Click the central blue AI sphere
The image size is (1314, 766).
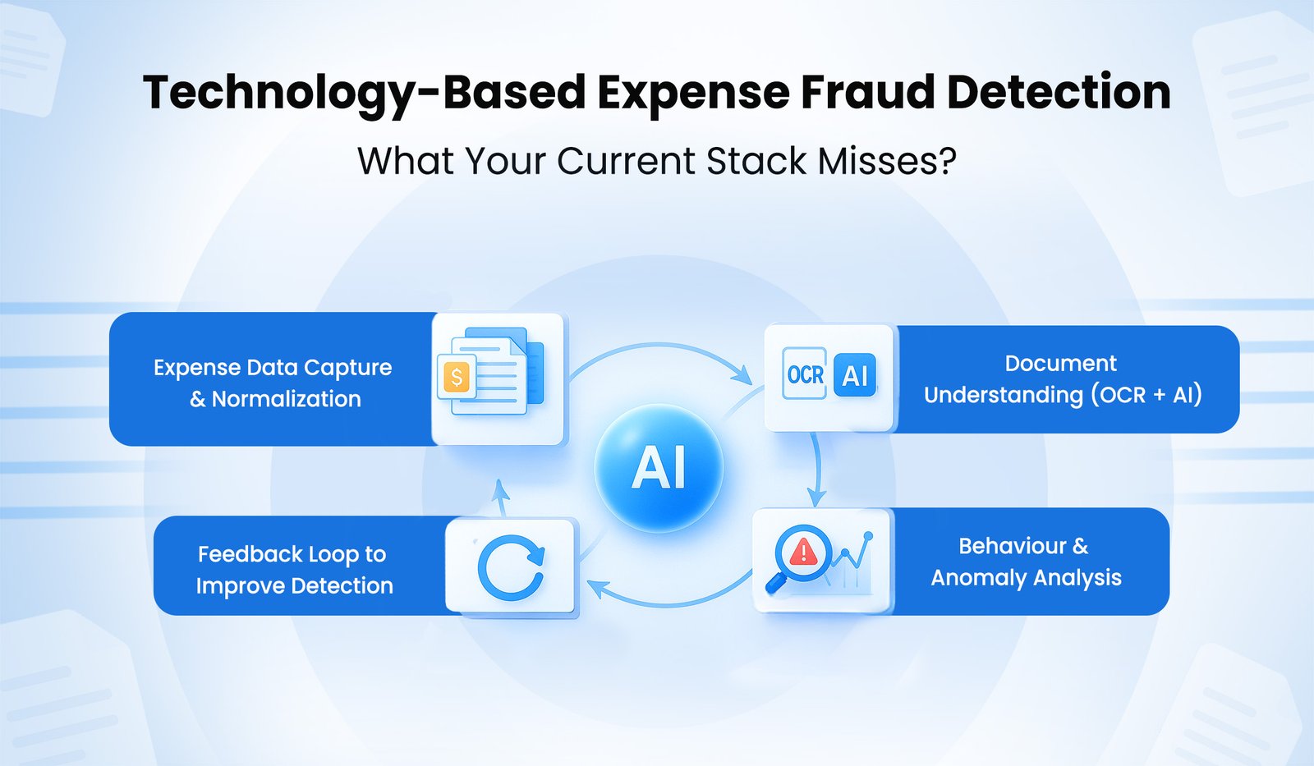(x=659, y=468)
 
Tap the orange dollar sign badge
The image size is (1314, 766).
(x=457, y=377)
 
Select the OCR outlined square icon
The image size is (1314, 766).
(x=805, y=374)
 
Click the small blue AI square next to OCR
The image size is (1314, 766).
(x=855, y=375)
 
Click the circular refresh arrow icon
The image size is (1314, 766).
(x=511, y=567)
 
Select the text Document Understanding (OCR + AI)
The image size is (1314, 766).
(x=1062, y=379)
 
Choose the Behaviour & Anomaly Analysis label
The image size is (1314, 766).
(x=1026, y=562)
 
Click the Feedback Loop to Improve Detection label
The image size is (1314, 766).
(x=293, y=570)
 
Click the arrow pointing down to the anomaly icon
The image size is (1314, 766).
(x=816, y=496)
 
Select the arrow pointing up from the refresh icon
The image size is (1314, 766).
(x=500, y=491)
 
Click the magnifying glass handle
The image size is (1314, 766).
(x=774, y=584)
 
